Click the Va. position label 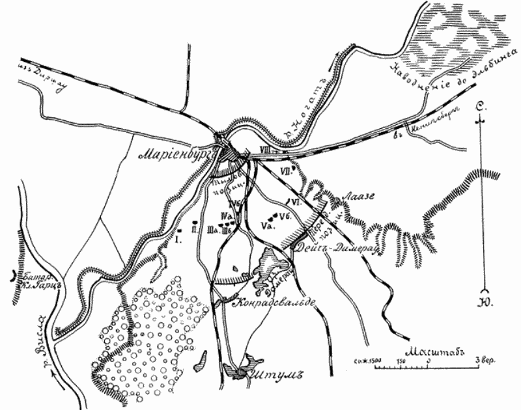267,225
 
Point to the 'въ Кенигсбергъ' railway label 424,131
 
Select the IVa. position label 227,215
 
